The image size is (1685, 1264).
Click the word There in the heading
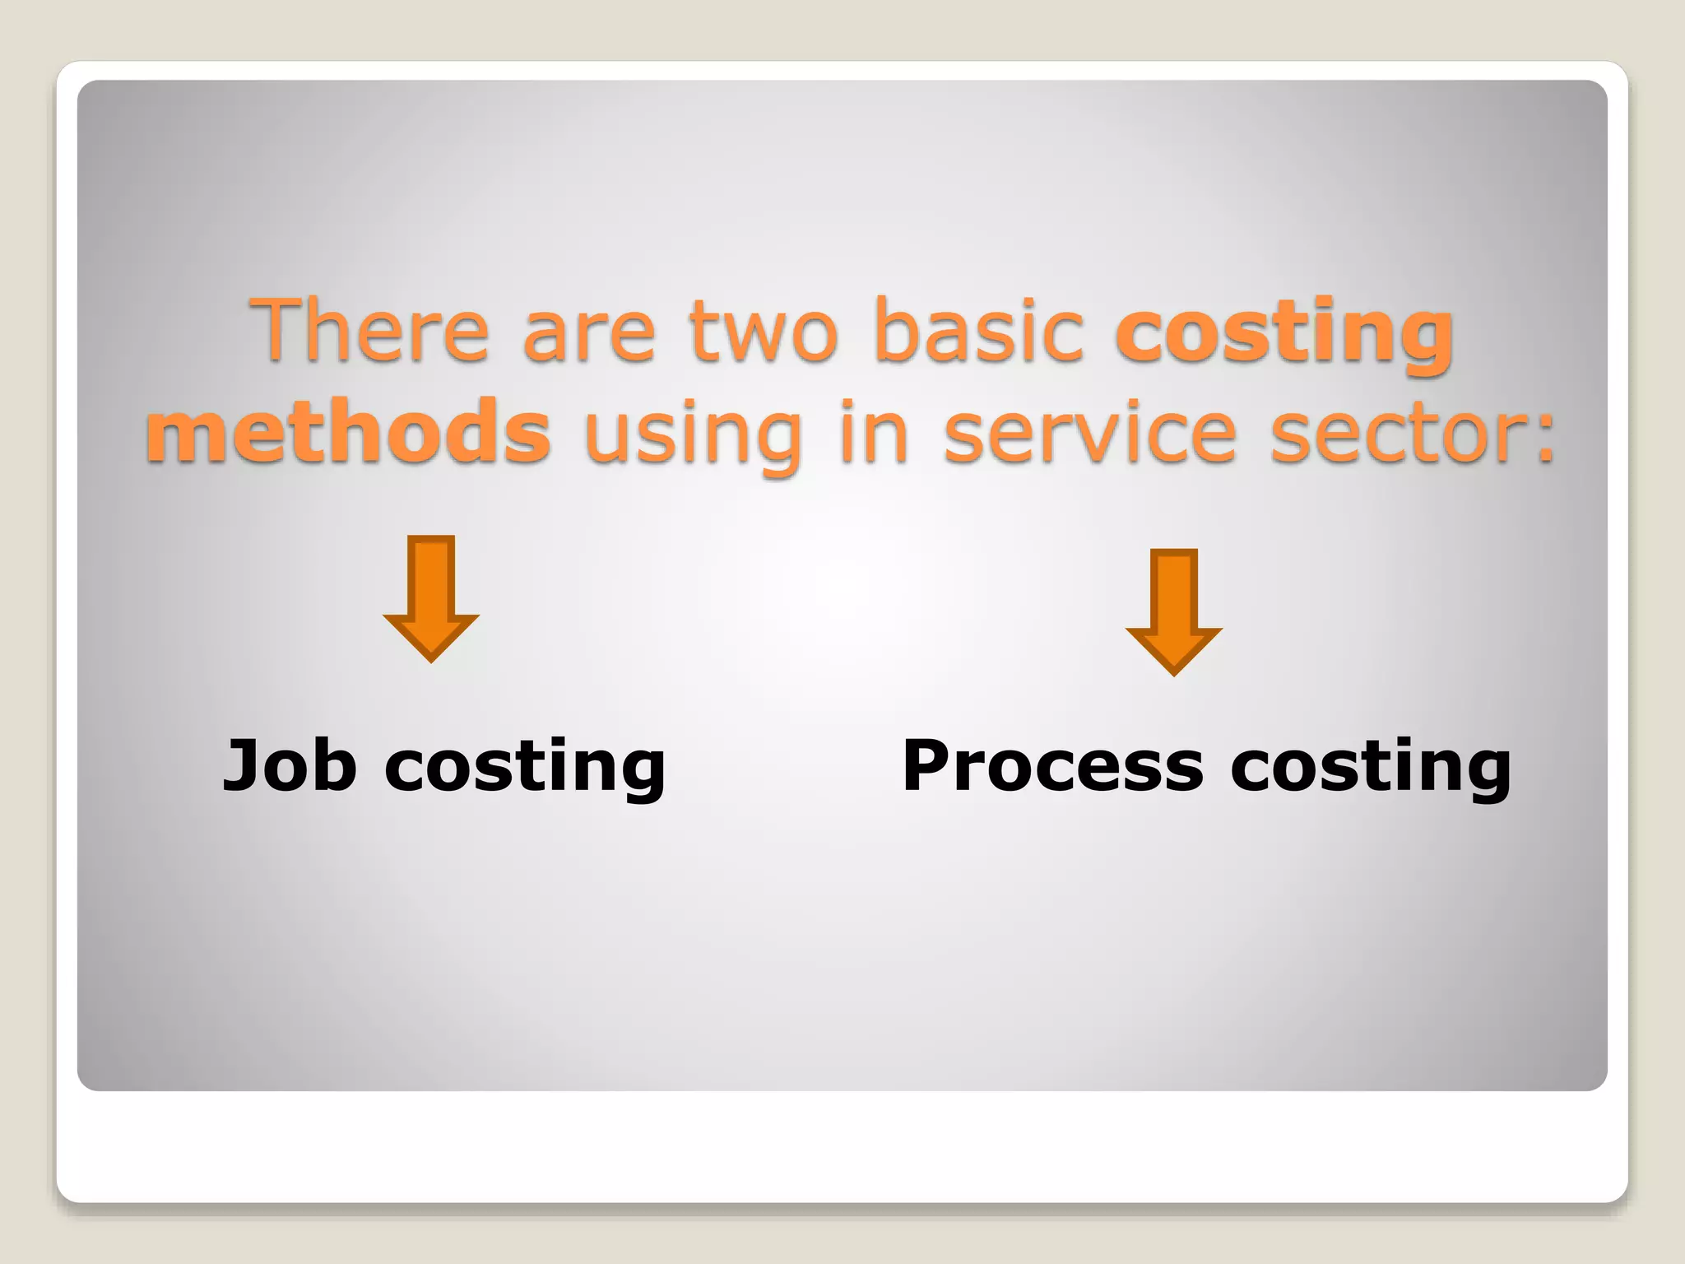click(x=370, y=330)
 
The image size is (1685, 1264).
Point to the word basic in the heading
click(x=979, y=330)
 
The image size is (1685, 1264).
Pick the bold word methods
click(x=348, y=432)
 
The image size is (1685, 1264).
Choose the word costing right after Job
click(x=525, y=769)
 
